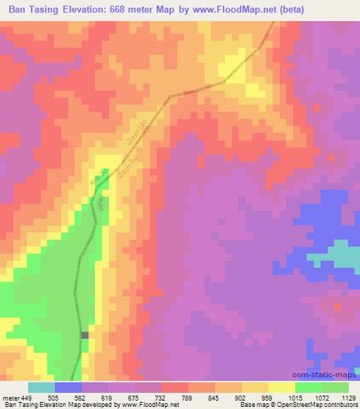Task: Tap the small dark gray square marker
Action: tap(85, 335)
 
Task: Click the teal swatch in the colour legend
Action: tap(41, 387)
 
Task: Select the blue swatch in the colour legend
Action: tap(68, 387)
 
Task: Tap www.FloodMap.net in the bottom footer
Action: tap(140, 404)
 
